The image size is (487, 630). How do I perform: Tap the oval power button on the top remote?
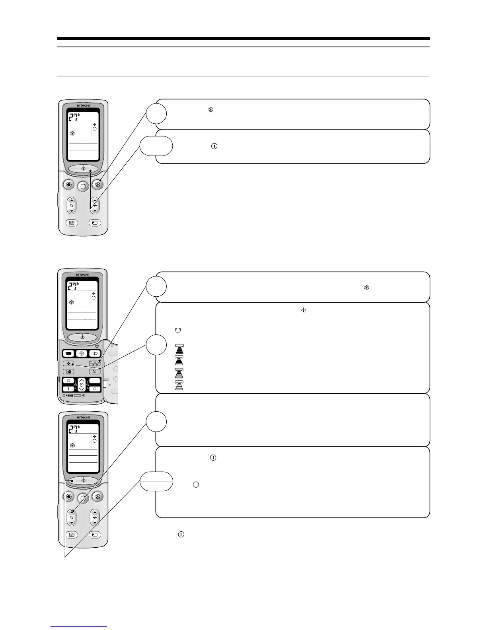(x=83, y=169)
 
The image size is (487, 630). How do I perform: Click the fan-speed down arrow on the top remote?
(x=95, y=211)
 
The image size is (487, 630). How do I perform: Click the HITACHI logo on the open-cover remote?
(x=83, y=274)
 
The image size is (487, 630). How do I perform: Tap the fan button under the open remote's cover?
(x=69, y=363)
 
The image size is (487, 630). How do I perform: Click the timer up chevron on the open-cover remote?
(x=82, y=381)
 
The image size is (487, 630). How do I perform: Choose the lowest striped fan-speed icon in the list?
(x=179, y=385)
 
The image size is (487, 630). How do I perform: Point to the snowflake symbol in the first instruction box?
(x=211, y=110)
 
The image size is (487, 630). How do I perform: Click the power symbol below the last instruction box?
(x=181, y=534)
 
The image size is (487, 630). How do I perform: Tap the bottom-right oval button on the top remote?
(x=95, y=223)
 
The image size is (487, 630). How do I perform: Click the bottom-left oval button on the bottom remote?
(x=72, y=535)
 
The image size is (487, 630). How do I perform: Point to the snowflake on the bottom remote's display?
(x=72, y=445)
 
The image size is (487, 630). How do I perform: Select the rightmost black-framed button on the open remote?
(x=94, y=353)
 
